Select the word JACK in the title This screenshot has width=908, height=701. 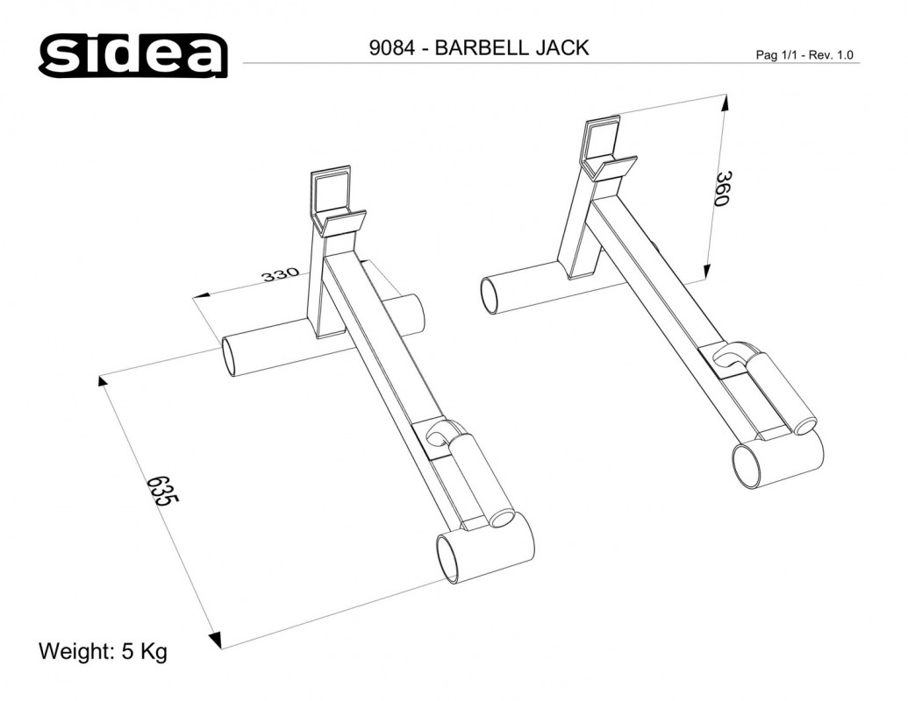tap(561, 48)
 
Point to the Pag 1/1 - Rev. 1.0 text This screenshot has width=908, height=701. tap(804, 55)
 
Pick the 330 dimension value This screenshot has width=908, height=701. tap(282, 276)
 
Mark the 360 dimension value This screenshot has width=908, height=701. tap(722, 188)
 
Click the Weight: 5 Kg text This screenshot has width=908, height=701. tap(103, 652)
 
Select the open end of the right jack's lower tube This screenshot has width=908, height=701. tap(748, 465)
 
